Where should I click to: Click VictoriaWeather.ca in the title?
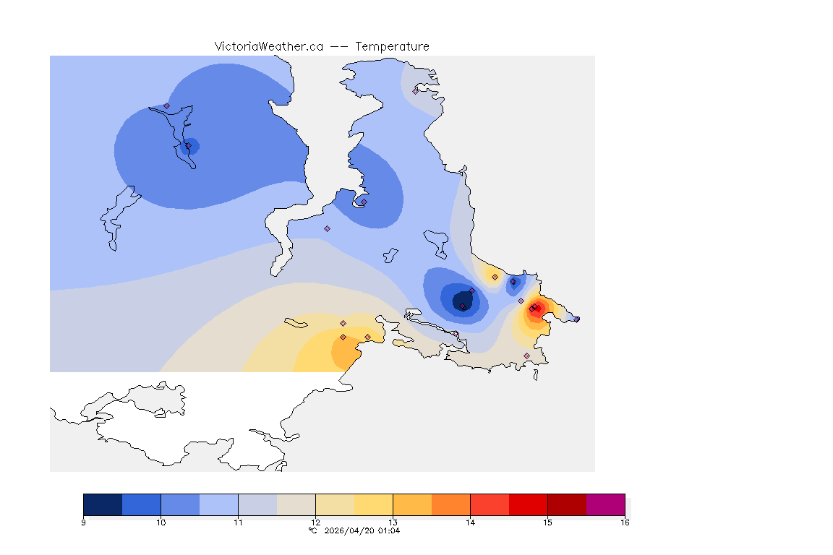[x=268, y=46]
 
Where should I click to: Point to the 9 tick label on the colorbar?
[x=84, y=522]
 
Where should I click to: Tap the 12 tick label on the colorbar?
[x=315, y=522]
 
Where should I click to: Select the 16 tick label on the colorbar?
[x=624, y=522]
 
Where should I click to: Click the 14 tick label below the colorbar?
[x=470, y=522]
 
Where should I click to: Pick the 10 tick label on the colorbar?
[x=161, y=522]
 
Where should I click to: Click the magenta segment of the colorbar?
[x=605, y=504]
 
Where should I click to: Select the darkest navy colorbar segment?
[x=103, y=504]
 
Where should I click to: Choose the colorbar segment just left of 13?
[x=373, y=504]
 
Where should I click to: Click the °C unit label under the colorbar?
[x=312, y=530]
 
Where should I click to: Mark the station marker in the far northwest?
[x=166, y=106]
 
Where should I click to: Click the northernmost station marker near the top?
[x=415, y=91]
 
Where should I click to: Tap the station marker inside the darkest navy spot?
[x=463, y=306]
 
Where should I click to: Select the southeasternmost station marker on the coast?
[x=526, y=356]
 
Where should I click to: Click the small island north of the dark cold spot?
[x=436, y=241]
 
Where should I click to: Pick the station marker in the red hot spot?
[x=534, y=309]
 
